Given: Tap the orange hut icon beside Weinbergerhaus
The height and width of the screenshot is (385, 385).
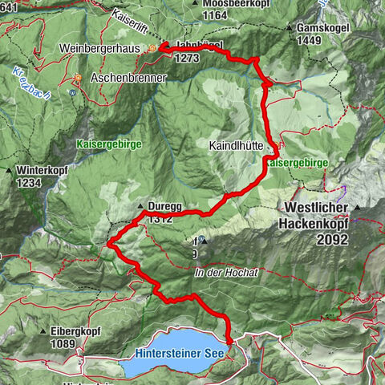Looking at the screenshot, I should coord(152,49).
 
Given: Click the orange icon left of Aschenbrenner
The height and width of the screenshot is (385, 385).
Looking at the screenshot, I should coord(79,78).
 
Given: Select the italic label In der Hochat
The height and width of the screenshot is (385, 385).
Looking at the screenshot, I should coord(225,273).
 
